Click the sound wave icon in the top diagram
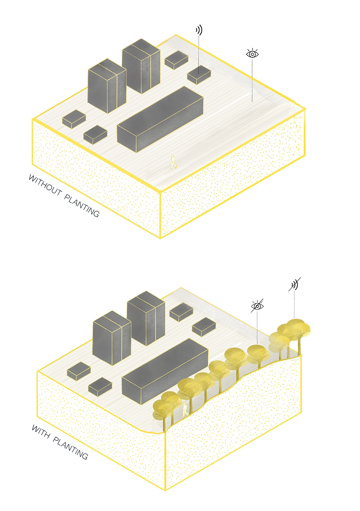tap(199, 30)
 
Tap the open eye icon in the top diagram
tap(252, 54)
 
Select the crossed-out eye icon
tap(257, 306)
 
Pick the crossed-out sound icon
tap(294, 284)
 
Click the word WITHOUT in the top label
tap(45, 185)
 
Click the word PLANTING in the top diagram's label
tap(82, 206)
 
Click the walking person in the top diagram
tap(174, 161)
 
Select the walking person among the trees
tap(185, 409)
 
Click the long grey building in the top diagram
tap(160, 119)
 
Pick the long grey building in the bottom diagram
tap(165, 371)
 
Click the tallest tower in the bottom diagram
tap(146, 318)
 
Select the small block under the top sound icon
tap(199, 75)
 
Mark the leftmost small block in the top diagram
tap(74, 119)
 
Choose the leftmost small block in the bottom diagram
tap(78, 371)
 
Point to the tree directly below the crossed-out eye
tap(257, 355)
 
